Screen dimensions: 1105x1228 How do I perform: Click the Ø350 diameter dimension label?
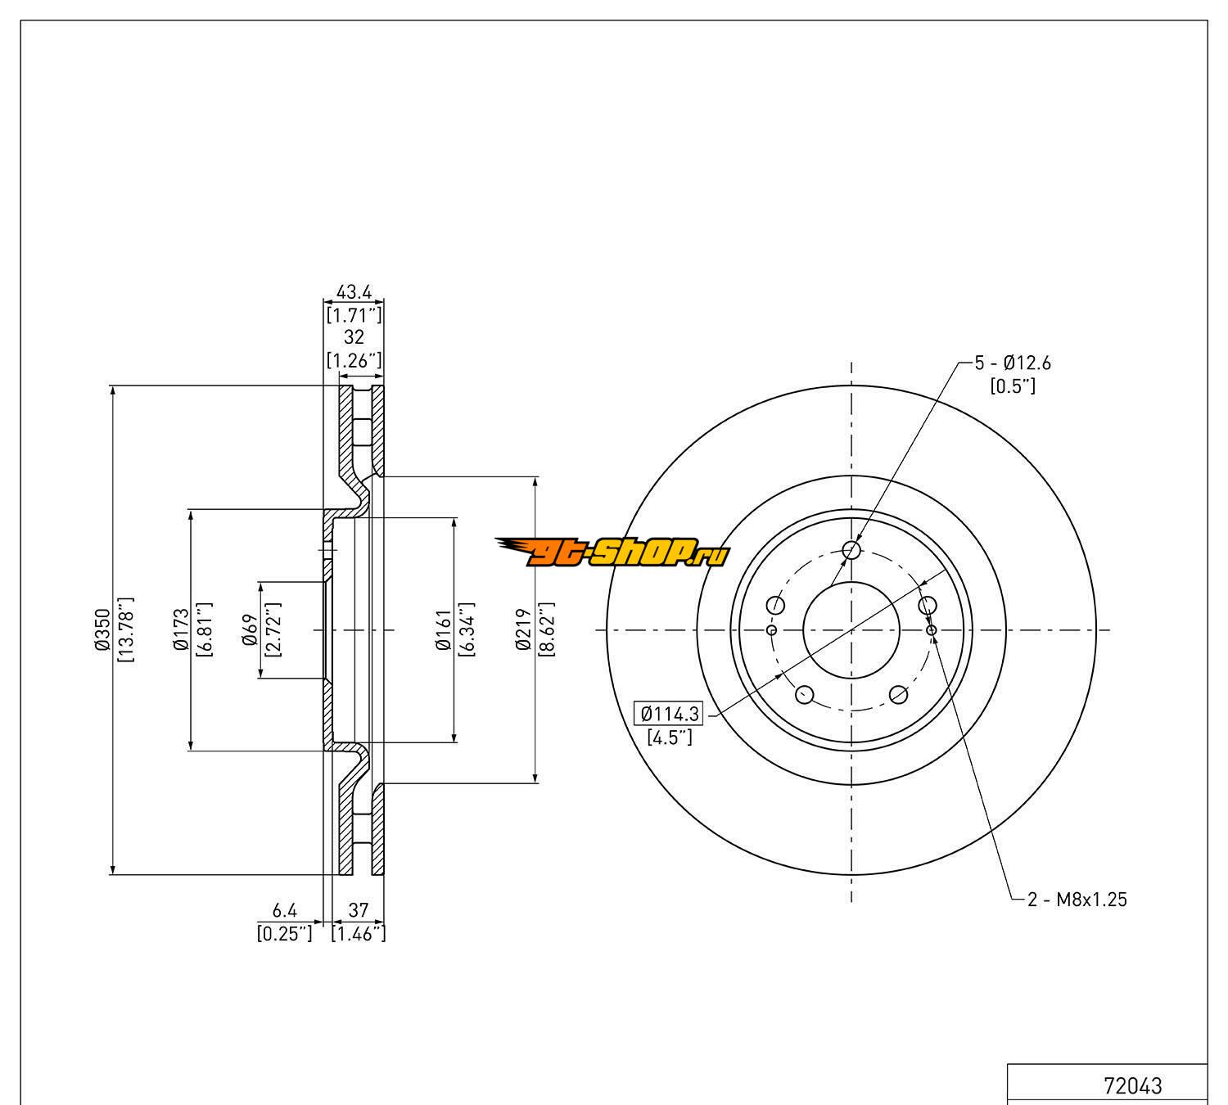[102, 629]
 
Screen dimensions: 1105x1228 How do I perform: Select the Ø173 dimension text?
[181, 629]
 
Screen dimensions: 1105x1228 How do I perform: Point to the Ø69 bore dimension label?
[251, 629]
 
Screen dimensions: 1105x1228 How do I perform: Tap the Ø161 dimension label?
[445, 629]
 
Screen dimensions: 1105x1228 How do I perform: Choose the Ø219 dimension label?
[524, 629]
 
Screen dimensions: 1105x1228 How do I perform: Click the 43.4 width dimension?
[354, 291]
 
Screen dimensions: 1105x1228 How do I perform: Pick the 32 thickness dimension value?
[354, 337]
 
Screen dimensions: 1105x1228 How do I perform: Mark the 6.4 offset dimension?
[283, 909]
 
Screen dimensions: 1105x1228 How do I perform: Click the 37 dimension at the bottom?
[358, 909]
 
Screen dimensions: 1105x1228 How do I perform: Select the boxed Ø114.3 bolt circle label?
[669, 714]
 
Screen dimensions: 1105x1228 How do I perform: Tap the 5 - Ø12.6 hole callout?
[1012, 363]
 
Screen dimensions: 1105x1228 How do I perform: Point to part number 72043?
[1132, 1086]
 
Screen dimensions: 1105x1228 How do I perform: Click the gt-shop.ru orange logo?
[612, 553]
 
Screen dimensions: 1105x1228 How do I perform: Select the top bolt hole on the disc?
[851, 549]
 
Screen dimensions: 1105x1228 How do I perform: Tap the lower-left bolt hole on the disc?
[805, 695]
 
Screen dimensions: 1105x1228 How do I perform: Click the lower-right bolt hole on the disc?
[898, 695]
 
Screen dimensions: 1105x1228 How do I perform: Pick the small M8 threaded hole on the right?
[932, 629]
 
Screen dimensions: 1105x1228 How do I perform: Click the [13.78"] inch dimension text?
[126, 629]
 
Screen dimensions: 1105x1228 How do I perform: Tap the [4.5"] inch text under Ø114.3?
[670, 737]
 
